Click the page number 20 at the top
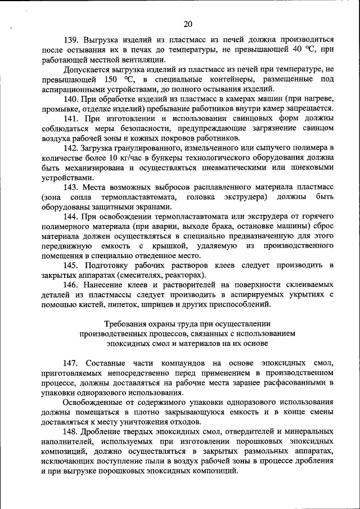click(188, 23)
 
